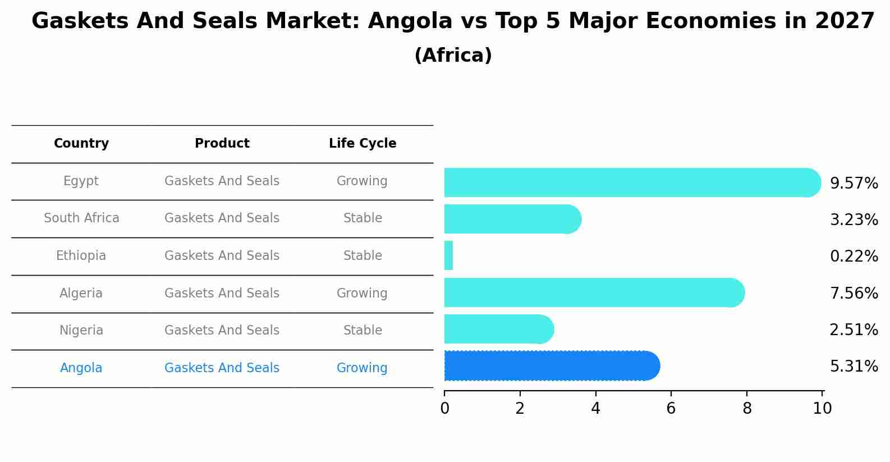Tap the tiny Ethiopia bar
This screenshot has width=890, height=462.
[x=448, y=256]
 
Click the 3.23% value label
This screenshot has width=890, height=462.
[x=854, y=219]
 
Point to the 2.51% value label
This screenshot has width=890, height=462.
[x=854, y=330]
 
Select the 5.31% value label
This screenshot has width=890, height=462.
[x=854, y=367]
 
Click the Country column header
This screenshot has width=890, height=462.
[x=81, y=144]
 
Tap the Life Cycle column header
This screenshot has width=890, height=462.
[x=363, y=144]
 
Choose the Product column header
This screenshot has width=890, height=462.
[x=222, y=144]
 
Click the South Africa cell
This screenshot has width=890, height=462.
[x=81, y=218]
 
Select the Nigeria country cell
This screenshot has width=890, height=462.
[x=81, y=330]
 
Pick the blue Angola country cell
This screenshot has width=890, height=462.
[x=81, y=368]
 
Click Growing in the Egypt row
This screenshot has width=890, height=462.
[x=362, y=181]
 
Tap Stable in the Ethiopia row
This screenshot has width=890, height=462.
[x=363, y=256]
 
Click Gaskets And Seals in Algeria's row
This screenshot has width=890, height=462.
[x=222, y=293]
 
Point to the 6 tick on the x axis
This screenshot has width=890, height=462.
[x=671, y=409]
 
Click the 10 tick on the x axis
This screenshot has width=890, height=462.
[x=822, y=409]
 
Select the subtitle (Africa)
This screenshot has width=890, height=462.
[x=453, y=56]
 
